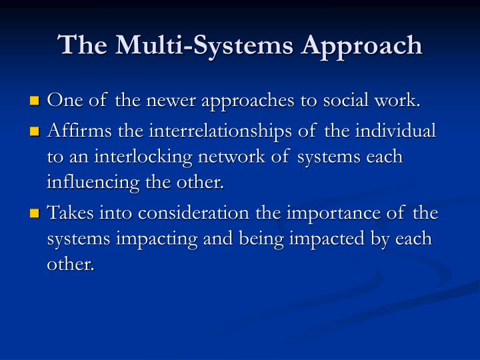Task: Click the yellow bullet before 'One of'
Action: [35, 102]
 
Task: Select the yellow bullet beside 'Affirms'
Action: [35, 132]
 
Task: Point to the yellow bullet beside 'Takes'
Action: [35, 215]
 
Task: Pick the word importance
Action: [321, 213]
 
